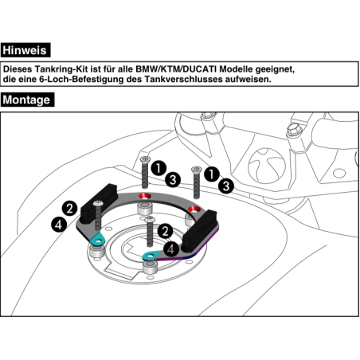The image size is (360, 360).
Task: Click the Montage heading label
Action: pyautogui.click(x=27, y=100)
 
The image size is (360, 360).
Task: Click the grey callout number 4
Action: pyautogui.click(x=171, y=249)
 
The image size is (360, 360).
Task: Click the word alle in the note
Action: pyautogui.click(x=135, y=69)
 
